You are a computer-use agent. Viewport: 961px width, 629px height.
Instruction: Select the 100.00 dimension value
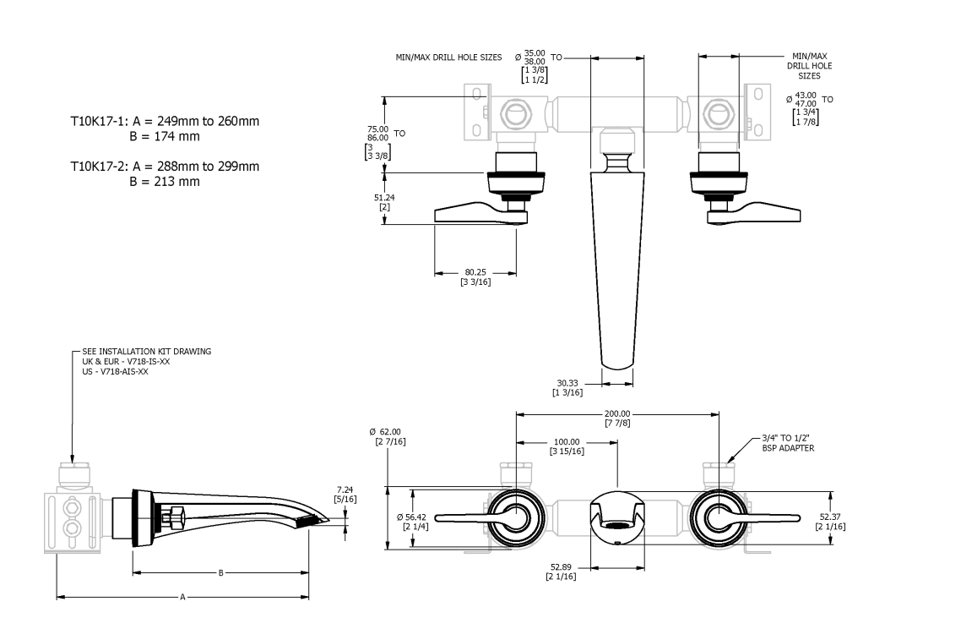(567, 441)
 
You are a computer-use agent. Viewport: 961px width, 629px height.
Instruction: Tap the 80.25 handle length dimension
(475, 272)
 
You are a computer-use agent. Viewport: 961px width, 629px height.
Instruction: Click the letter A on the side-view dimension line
(182, 597)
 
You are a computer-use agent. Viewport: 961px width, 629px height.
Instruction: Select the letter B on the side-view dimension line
(220, 573)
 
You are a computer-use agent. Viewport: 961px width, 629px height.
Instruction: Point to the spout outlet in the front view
(618, 535)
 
